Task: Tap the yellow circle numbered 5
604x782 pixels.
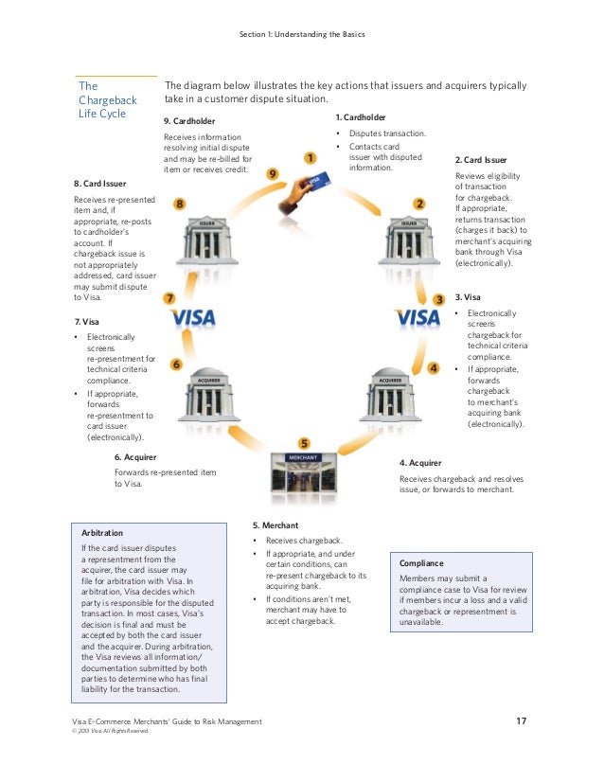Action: pos(303,442)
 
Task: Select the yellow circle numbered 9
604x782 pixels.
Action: pos(273,174)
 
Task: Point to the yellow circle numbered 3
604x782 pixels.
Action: pos(438,299)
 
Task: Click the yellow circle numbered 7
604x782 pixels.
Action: pos(169,298)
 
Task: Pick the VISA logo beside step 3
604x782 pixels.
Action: pos(417,317)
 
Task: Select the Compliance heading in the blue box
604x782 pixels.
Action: pos(421,561)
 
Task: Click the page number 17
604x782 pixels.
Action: pos(521,721)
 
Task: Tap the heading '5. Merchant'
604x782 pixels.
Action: pos(275,524)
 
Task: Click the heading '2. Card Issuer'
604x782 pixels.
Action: pos(481,160)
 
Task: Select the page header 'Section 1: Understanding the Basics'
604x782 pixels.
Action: pos(302,35)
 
